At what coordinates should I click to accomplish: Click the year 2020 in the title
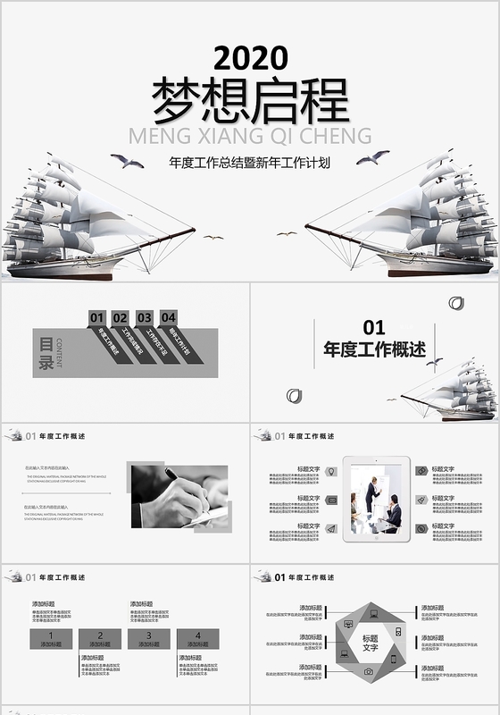point(250,59)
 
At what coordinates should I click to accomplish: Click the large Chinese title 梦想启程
point(250,100)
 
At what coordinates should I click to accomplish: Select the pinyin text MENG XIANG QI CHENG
point(250,136)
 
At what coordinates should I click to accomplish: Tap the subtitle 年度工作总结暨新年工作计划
point(250,163)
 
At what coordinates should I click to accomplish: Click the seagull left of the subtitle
point(127,161)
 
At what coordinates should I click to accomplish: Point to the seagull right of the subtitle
point(372,157)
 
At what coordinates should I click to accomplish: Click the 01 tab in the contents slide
point(97,317)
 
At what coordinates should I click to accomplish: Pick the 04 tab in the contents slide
point(168,316)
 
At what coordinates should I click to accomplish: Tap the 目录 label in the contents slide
point(46,352)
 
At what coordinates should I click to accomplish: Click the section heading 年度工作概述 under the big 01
point(375,349)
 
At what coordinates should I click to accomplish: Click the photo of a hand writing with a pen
point(179,496)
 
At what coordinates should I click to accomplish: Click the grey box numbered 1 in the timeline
point(51,638)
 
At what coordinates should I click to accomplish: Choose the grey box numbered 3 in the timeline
point(149,638)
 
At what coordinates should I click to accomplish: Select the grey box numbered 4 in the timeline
point(198,638)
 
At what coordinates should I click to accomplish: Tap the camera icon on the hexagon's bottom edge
point(368,671)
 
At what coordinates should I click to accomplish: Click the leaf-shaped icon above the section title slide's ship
point(457,303)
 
